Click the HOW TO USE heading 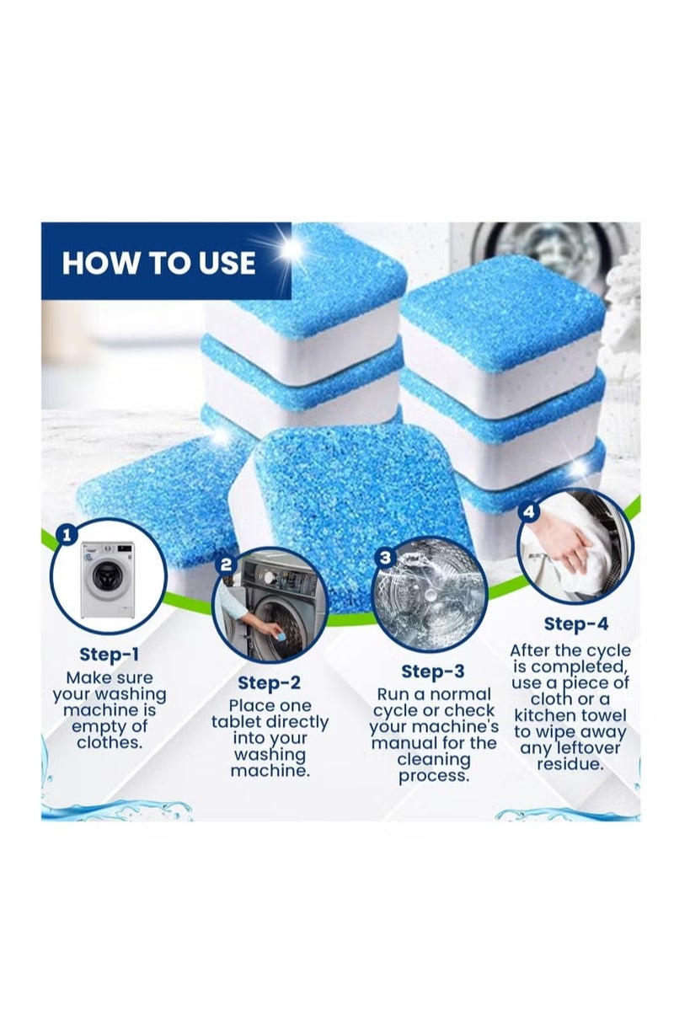[158, 262]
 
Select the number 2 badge [226, 564]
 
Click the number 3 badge [385, 557]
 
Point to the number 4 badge [529, 512]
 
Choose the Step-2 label [269, 682]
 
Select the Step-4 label [575, 623]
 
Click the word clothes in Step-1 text [110, 743]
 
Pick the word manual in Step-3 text [402, 743]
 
